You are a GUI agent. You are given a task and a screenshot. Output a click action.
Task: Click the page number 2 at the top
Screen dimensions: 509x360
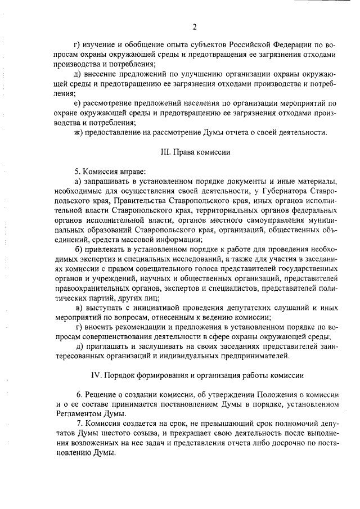(x=194, y=26)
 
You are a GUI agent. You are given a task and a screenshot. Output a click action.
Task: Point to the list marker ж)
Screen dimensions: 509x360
(x=79, y=132)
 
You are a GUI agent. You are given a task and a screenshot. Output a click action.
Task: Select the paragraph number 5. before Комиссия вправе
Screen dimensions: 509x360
(x=78, y=170)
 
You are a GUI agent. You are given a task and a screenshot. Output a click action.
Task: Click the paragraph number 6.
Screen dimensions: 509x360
(x=78, y=394)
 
